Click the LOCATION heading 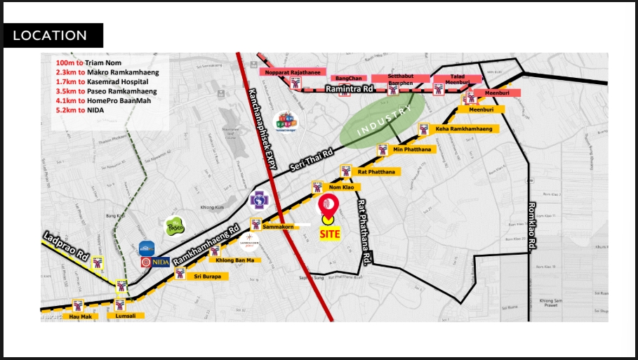pyautogui.click(x=50, y=35)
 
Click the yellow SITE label pyautogui.click(x=329, y=234)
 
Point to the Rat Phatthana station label pyautogui.click(x=376, y=171)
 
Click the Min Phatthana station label pyautogui.click(x=413, y=149)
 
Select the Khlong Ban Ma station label pyautogui.click(x=239, y=260)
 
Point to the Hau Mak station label pyautogui.click(x=81, y=316)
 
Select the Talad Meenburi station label pyautogui.click(x=457, y=79)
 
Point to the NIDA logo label pyautogui.click(x=156, y=262)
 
